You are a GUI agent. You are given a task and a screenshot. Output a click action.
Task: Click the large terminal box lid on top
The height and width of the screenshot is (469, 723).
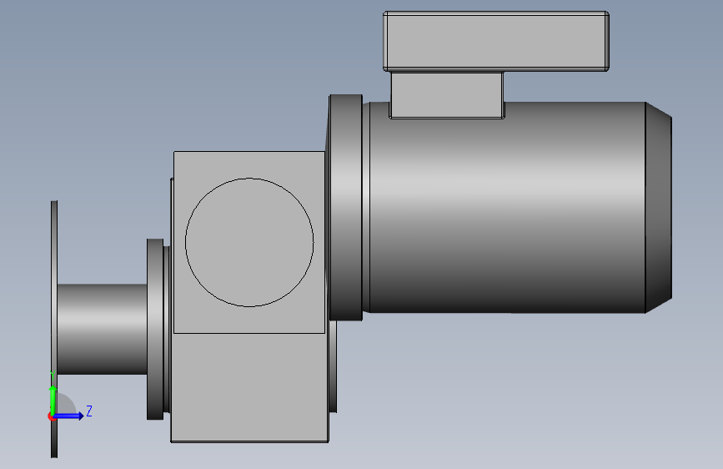(x=495, y=41)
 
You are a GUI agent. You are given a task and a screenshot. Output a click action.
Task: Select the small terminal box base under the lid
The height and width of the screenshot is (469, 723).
(x=447, y=95)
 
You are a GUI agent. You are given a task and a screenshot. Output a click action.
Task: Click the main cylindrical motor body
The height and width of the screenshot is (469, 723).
(x=507, y=208)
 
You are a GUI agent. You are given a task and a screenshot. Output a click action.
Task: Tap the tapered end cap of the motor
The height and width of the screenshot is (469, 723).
(x=659, y=208)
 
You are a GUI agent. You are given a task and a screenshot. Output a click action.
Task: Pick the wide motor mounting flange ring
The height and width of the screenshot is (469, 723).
(x=346, y=208)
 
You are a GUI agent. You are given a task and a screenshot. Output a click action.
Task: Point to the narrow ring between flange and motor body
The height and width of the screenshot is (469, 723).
(x=366, y=208)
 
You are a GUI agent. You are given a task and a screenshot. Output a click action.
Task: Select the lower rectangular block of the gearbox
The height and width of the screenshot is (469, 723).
(x=249, y=388)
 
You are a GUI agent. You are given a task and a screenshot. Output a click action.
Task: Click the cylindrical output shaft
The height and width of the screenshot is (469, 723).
(x=103, y=330)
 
